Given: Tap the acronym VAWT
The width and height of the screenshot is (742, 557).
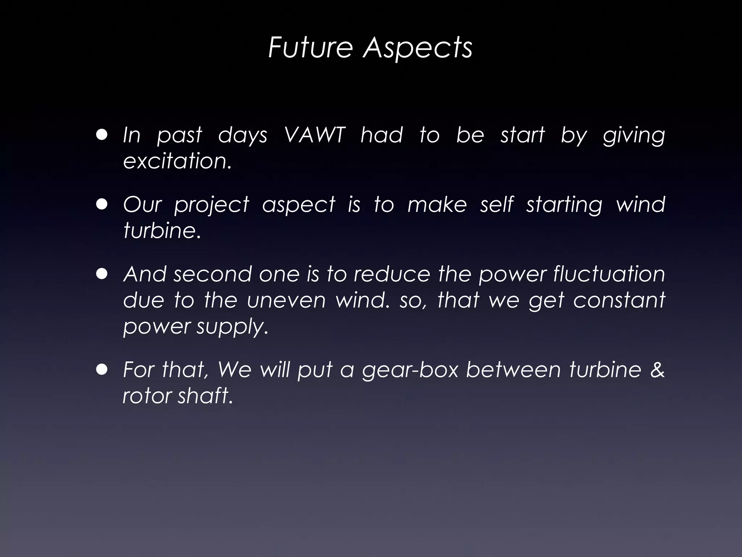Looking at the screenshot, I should pos(314,135).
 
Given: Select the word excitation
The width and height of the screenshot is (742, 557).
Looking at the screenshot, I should pos(177,161).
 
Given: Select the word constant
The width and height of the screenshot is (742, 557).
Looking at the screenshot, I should pos(619,300).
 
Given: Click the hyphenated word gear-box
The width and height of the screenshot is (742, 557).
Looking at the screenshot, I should pos(410,370).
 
